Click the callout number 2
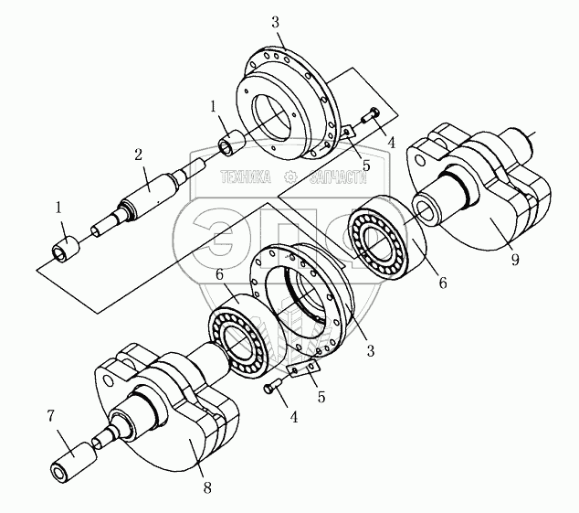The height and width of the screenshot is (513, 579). (138, 155)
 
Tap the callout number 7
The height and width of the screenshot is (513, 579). (51, 416)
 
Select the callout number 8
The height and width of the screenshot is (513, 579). (207, 487)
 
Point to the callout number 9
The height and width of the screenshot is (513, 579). (515, 260)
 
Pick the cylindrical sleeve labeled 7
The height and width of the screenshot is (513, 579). (73, 462)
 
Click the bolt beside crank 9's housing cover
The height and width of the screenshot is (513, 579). (371, 115)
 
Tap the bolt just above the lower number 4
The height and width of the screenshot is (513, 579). (274, 386)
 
